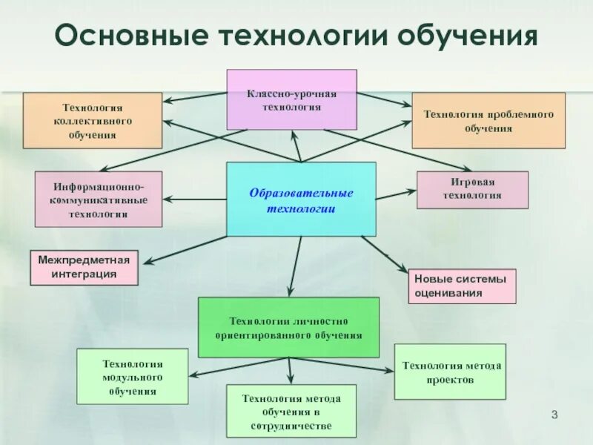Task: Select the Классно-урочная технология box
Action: pyautogui.click(x=291, y=99)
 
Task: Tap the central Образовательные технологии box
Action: pyautogui.click(x=301, y=200)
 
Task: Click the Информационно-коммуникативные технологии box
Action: pyautogui.click(x=98, y=199)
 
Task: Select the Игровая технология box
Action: pyautogui.click(x=472, y=190)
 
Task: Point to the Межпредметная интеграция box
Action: pyautogui.click(x=85, y=267)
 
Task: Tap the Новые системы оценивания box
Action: pyautogui.click(x=461, y=286)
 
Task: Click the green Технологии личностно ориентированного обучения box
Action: pyautogui.click(x=288, y=328)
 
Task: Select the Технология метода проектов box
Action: pyautogui.click(x=450, y=372)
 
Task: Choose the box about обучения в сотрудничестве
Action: pyautogui.click(x=291, y=411)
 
